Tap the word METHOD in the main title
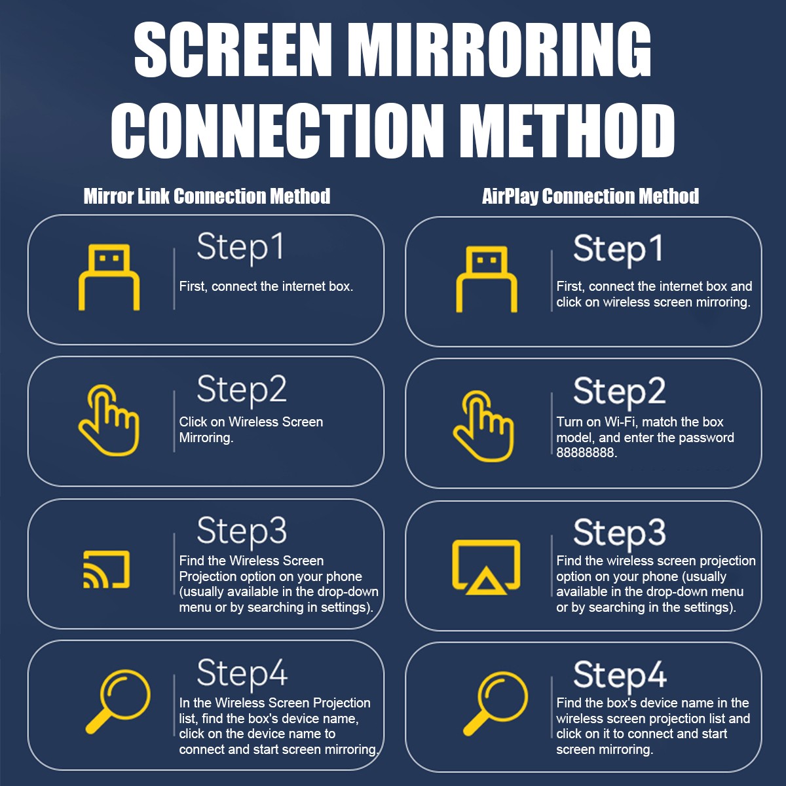point(567,130)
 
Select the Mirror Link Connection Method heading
point(207,196)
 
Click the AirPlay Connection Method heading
point(590,196)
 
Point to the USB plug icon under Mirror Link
point(109,277)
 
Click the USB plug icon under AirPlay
point(487,279)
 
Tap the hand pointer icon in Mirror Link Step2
point(109,420)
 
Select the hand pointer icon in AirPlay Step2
point(483,426)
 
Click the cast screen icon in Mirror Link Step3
point(107,569)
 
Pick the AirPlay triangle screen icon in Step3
point(486,567)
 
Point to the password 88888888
point(586,453)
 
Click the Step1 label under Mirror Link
point(240,248)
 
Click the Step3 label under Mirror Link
point(242,532)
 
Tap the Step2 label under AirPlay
point(619,392)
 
